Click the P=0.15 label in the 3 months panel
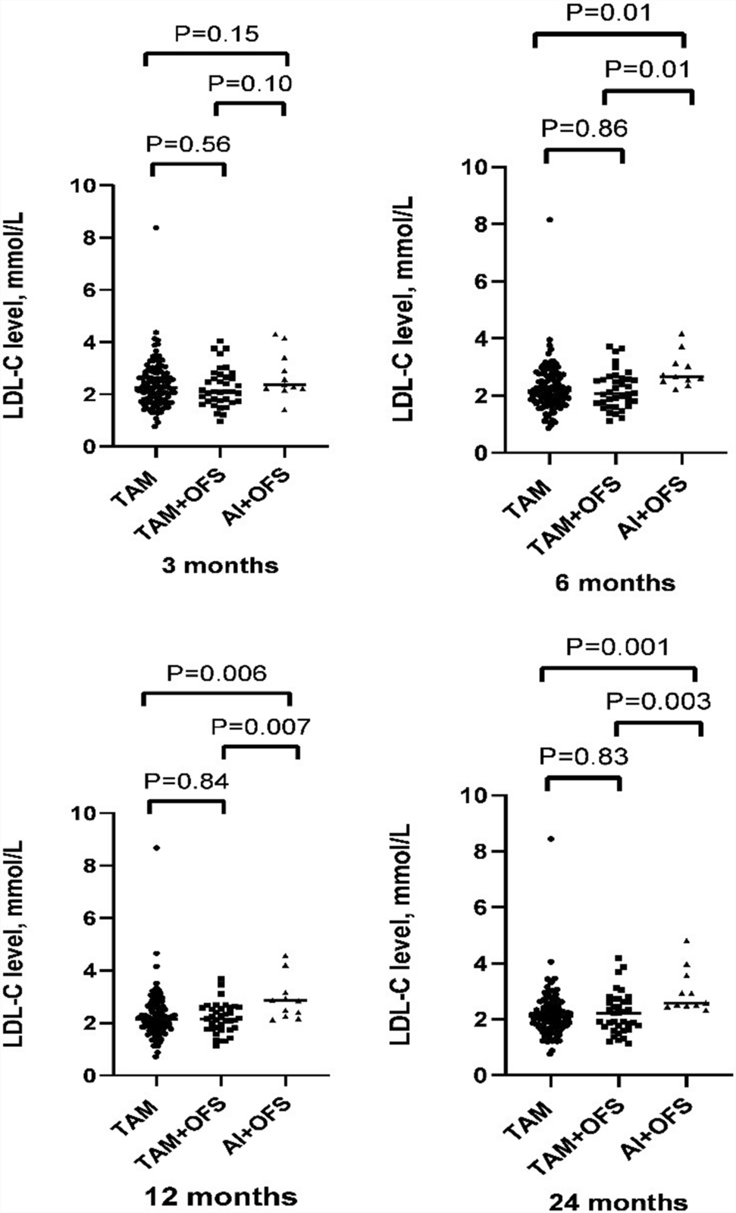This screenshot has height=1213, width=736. click(217, 33)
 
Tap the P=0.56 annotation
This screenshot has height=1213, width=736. click(187, 144)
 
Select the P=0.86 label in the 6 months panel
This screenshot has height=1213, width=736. click(584, 128)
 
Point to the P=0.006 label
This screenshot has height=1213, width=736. click(217, 673)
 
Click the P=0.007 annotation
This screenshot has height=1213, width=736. click(260, 727)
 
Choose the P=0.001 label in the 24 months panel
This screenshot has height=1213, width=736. click(619, 647)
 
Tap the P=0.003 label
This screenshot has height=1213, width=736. click(658, 701)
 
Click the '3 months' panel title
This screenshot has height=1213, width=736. click(220, 566)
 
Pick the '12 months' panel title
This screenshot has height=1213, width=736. click(221, 1197)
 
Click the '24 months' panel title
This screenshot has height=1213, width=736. click(619, 1202)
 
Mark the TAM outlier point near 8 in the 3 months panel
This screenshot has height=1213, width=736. click(156, 227)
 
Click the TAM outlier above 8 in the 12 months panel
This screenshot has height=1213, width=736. click(156, 848)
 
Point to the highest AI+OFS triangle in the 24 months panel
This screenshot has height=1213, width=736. click(687, 941)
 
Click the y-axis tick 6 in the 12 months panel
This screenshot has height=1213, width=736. click(90, 918)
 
